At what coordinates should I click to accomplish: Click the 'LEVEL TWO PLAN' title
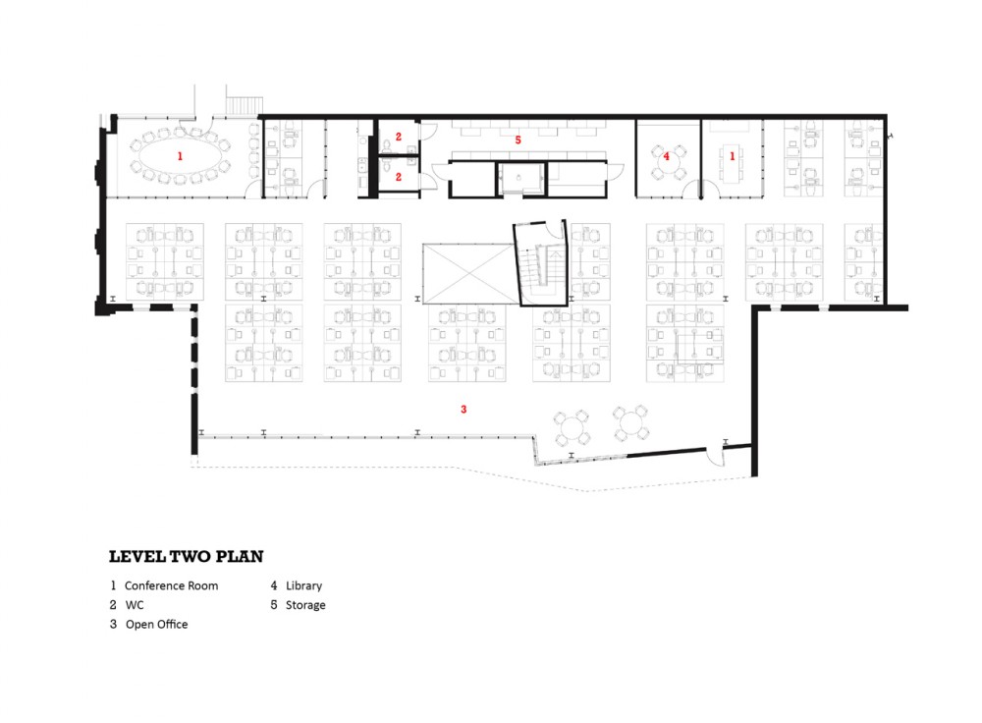186,556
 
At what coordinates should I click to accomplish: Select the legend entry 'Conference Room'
171,585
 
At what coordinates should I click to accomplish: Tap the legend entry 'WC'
135,605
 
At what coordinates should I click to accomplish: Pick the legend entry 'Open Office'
156,624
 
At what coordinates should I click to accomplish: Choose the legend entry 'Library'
303,585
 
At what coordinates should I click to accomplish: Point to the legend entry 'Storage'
305,605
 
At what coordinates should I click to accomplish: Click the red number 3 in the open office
464,409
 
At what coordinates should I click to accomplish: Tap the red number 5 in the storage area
518,139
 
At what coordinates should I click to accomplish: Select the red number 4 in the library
667,156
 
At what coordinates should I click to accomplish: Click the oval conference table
180,156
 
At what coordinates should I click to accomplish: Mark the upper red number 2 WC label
399,137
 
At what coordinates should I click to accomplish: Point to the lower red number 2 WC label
399,177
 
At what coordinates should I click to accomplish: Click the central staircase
540,263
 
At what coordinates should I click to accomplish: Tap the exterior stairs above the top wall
244,105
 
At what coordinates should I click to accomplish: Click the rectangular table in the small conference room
732,163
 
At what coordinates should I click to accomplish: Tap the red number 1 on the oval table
180,156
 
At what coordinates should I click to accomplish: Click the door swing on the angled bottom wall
715,457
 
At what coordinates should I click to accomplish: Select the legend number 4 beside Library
274,585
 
